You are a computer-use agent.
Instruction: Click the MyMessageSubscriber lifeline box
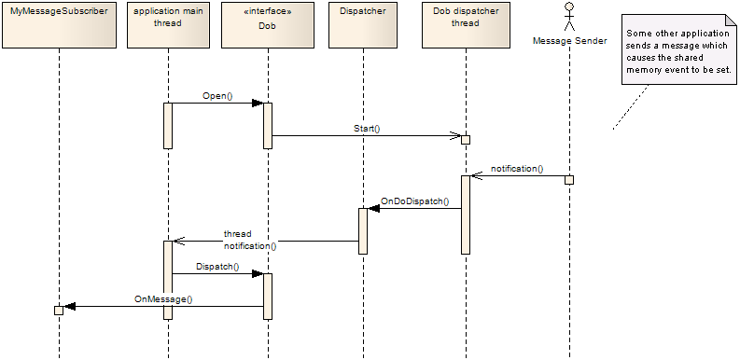[x=58, y=24]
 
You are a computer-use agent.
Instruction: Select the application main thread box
[x=168, y=24]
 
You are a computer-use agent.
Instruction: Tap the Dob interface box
[x=267, y=24]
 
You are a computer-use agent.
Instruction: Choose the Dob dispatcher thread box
[x=465, y=24]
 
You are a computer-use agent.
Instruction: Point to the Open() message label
[x=216, y=95]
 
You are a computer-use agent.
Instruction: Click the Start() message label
[x=367, y=128]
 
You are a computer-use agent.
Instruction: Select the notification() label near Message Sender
[x=517, y=169]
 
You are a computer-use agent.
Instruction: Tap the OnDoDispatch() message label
[x=414, y=201]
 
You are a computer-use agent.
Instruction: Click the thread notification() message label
[x=249, y=240]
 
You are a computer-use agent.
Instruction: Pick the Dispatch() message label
[x=217, y=266]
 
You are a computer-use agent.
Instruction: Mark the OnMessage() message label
[x=163, y=298]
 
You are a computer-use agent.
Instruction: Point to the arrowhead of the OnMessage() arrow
[x=68, y=306]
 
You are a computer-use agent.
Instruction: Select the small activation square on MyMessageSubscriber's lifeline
[x=58, y=310]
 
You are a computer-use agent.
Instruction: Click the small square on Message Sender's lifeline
[x=569, y=179]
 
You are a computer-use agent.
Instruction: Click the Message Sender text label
[x=569, y=40]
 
